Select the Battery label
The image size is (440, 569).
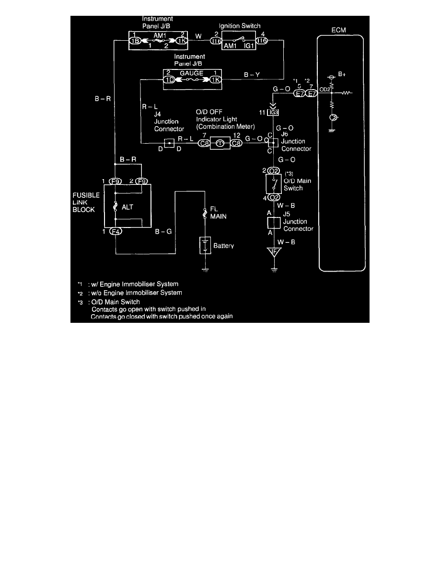(223, 246)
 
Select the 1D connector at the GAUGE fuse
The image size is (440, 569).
(170, 80)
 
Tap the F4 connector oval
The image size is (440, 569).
(116, 232)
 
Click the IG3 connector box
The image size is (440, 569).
(274, 112)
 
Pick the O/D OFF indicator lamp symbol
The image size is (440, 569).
(220, 143)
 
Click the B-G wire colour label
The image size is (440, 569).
(163, 232)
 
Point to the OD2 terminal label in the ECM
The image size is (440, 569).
(324, 89)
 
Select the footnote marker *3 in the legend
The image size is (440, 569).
(81, 302)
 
